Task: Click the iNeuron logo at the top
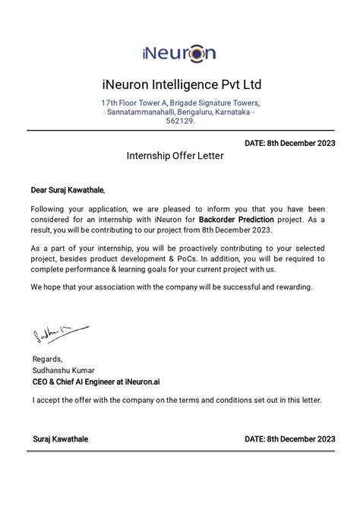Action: [179, 52]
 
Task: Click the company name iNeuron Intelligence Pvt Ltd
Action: [180, 84]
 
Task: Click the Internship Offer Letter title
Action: [175, 155]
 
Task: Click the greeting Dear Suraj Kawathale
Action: [68, 190]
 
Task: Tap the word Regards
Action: [47, 360]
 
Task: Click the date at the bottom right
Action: [289, 439]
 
